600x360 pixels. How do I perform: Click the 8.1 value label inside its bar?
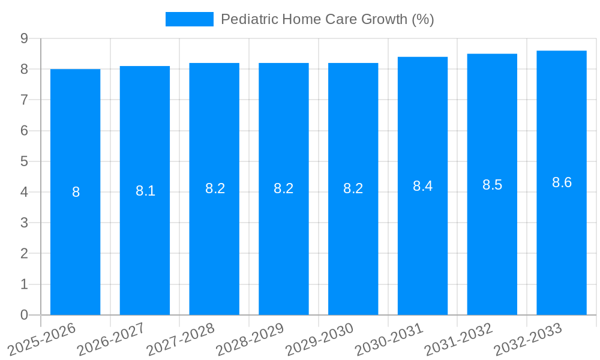(x=145, y=191)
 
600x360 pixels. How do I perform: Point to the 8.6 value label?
(x=562, y=182)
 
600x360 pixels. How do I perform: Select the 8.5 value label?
(x=492, y=185)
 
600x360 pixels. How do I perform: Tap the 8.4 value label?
(x=422, y=186)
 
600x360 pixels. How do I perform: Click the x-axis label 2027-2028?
(x=181, y=339)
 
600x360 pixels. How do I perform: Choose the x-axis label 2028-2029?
(x=250, y=339)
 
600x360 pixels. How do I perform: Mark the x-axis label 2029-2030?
(x=320, y=339)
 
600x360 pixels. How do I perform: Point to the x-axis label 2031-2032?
(x=459, y=339)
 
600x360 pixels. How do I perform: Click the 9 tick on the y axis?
(x=25, y=38)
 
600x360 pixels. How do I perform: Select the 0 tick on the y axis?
(x=25, y=315)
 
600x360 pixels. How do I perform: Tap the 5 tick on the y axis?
(x=25, y=161)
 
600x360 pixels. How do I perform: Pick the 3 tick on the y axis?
(x=25, y=223)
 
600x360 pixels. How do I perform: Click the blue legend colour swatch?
(x=189, y=19)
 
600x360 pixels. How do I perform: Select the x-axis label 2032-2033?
(x=528, y=339)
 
